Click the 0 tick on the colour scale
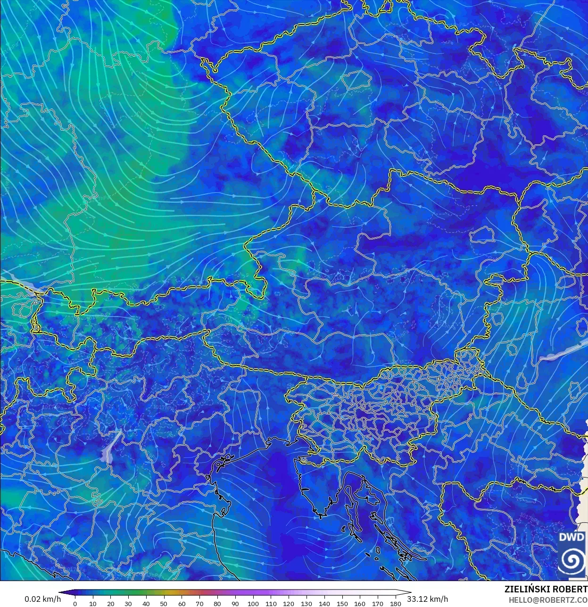point(75,603)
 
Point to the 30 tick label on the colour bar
point(128,603)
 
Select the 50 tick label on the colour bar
point(164,603)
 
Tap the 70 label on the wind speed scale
point(199,603)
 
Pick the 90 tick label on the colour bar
point(235,603)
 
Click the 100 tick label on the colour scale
point(253,603)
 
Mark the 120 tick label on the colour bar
point(289,603)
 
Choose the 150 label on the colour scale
point(342,603)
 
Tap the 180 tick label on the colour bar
point(396,603)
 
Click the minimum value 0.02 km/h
point(42,599)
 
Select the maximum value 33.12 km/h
point(428,599)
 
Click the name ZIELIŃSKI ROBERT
point(546,589)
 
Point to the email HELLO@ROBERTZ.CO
point(548,599)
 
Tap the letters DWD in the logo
point(571,537)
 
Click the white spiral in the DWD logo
point(572,560)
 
